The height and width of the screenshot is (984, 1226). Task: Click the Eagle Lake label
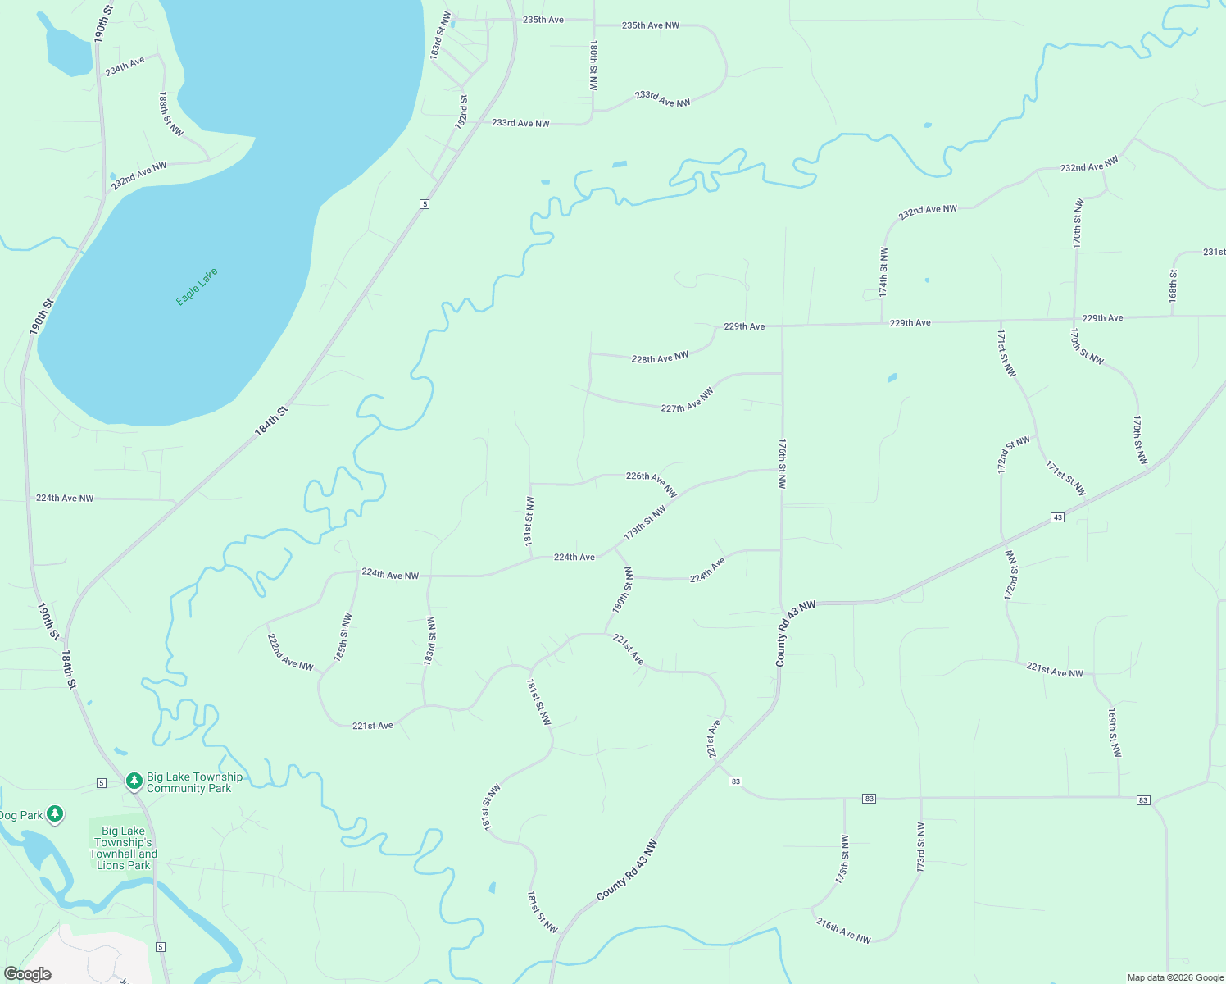click(x=198, y=286)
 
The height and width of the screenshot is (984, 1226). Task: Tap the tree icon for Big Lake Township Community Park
click(x=134, y=781)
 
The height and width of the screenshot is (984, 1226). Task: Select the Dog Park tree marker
click(x=55, y=814)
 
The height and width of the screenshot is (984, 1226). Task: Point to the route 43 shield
click(x=1058, y=517)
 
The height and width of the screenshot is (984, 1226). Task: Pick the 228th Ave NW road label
click(x=660, y=358)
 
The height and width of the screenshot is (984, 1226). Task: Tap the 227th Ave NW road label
click(x=687, y=400)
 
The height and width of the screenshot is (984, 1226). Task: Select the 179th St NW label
click(x=645, y=522)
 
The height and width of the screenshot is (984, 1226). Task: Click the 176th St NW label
click(x=783, y=463)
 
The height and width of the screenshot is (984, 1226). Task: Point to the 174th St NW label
click(x=883, y=271)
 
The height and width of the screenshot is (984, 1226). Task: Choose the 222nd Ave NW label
click(x=290, y=653)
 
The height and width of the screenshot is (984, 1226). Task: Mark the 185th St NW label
click(x=343, y=637)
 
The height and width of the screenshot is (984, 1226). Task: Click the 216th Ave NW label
click(x=842, y=930)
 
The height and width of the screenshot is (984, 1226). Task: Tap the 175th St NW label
click(x=842, y=859)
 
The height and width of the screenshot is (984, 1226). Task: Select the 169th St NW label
click(x=1113, y=732)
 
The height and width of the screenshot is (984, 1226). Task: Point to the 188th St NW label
click(x=170, y=114)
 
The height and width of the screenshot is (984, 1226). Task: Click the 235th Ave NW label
click(x=650, y=25)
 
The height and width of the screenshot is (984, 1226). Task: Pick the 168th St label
click(x=1174, y=284)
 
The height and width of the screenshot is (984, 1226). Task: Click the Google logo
click(x=27, y=973)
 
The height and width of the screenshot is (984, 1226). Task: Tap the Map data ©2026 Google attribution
click(x=1175, y=977)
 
